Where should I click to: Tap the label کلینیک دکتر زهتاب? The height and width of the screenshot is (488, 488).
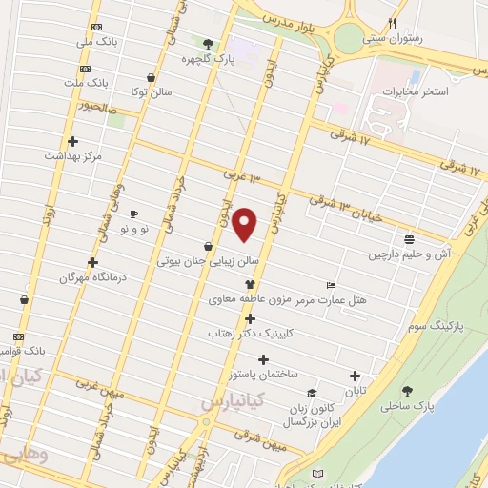tap(253, 335)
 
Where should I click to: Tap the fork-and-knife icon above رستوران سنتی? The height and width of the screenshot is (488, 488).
tap(392, 23)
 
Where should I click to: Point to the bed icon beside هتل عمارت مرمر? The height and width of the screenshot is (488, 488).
tap(331, 286)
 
